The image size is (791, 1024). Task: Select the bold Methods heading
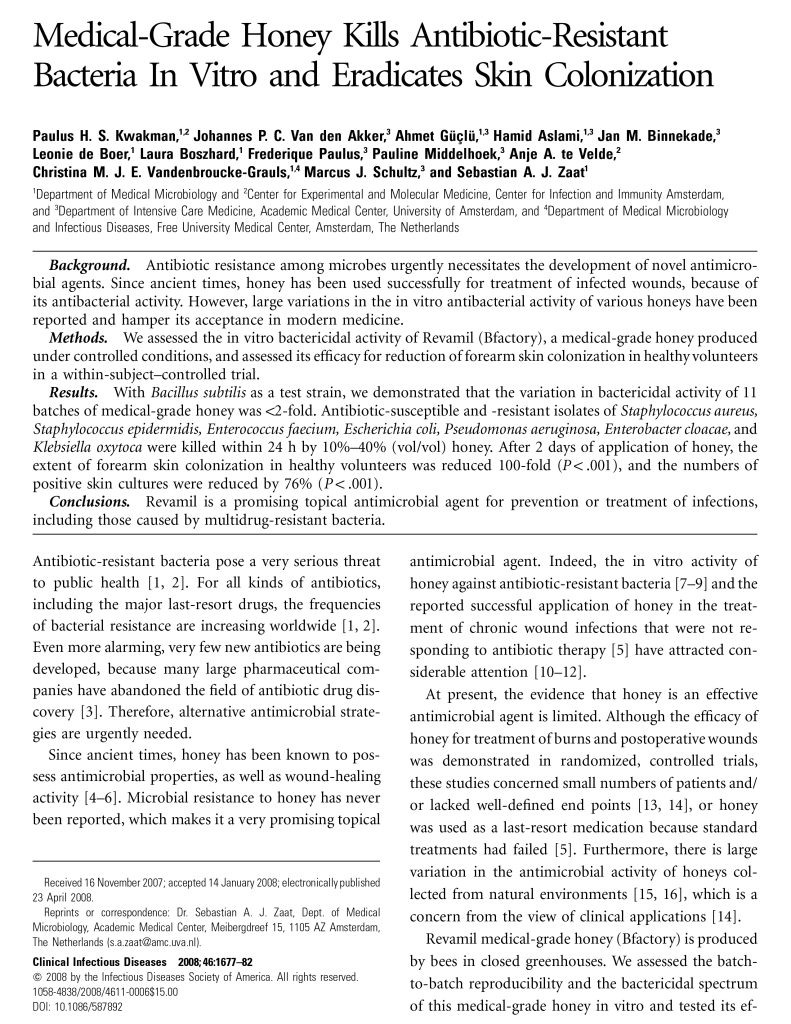78,339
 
